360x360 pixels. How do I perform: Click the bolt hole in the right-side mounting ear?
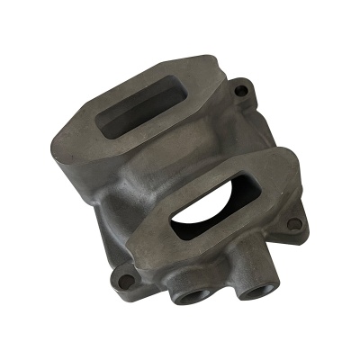coord(296,224)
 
